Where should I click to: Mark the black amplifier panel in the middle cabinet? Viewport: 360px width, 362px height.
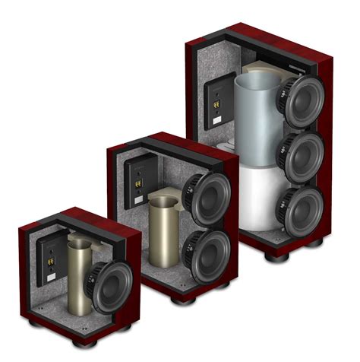tap(139, 183)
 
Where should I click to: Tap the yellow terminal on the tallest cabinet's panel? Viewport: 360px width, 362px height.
tap(216, 99)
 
